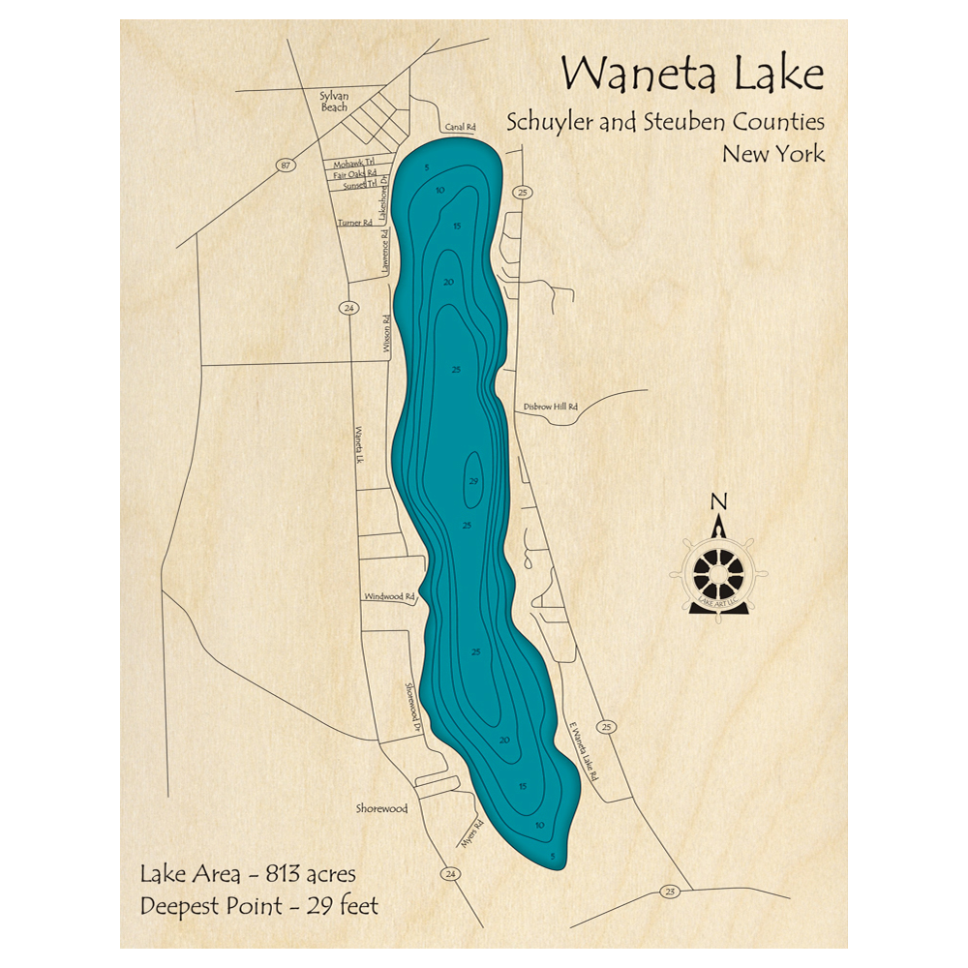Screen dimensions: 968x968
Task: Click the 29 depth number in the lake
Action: [x=473, y=482]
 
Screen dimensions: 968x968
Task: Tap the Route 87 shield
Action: [x=284, y=166]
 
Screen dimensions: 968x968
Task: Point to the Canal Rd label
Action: [x=461, y=127]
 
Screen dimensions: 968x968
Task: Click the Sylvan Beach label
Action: [x=333, y=102]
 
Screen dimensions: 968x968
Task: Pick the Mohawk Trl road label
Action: [x=352, y=165]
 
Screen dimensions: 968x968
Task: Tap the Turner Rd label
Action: [x=354, y=223]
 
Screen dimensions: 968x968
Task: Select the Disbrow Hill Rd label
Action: [x=549, y=408]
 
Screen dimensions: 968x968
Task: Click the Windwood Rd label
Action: [x=389, y=597]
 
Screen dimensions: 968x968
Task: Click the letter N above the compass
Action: [x=718, y=501]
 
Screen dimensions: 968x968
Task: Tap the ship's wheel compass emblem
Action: [x=718, y=572]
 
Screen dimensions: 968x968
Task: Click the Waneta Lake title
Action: [x=693, y=76]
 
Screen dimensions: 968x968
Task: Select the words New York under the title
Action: [x=772, y=153]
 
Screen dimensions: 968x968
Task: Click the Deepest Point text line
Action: [x=259, y=906]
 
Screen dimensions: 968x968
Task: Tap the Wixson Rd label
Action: [x=385, y=332]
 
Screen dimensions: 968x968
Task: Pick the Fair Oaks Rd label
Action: [x=354, y=175]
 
